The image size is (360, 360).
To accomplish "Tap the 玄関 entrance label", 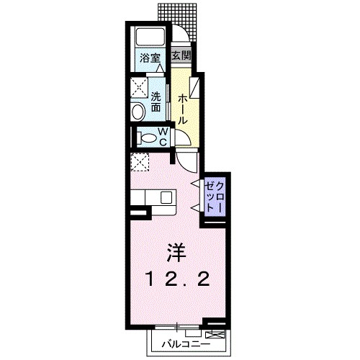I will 183,55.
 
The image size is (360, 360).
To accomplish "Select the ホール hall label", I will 183,108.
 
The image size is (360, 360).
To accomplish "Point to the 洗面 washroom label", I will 156,102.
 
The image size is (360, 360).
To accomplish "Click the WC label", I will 163,136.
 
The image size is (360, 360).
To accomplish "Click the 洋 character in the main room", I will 177,253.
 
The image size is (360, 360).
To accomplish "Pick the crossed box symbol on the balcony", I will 215,335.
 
